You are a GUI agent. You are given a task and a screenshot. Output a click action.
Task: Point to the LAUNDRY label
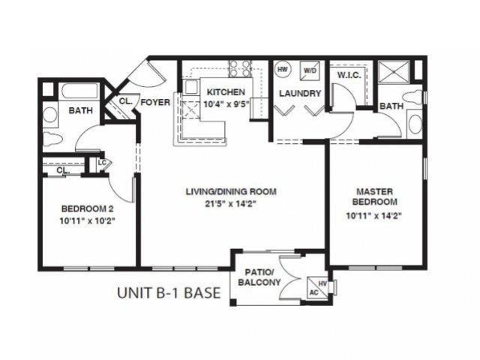coord(300,94)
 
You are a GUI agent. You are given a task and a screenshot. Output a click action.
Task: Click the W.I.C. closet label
coord(350,75)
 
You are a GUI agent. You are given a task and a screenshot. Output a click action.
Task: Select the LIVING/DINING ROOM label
coord(231,192)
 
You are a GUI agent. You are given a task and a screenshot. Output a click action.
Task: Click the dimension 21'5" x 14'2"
coord(231,204)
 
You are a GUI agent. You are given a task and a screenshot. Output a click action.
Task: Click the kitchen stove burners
coord(240,68)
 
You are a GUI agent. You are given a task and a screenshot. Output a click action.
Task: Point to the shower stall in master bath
coord(395,72)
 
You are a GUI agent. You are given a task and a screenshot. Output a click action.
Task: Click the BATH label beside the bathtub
coord(80,111)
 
